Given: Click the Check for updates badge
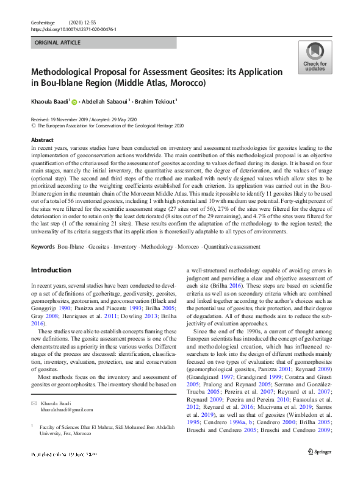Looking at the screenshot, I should click(x=315, y=57).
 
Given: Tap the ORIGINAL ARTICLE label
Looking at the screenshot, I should click(x=58, y=43).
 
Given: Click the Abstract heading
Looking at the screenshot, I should click(x=42, y=140).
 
